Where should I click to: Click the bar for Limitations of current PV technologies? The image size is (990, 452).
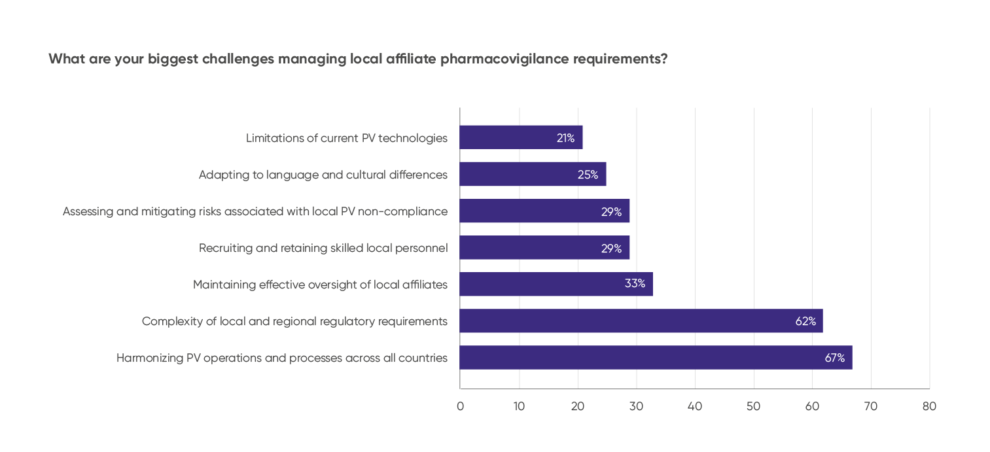tap(521, 137)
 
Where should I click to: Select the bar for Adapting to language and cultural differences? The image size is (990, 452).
tap(533, 174)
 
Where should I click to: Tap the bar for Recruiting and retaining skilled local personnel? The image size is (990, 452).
tap(544, 247)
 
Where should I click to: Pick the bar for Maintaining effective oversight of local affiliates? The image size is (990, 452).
tap(556, 284)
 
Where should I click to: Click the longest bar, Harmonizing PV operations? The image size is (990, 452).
tap(656, 358)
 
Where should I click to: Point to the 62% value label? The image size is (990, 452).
tap(805, 321)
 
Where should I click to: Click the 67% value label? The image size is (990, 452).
tap(834, 358)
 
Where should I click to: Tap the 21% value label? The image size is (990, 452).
tap(565, 138)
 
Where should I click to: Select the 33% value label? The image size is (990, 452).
tap(635, 284)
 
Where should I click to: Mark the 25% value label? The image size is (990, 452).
tap(588, 175)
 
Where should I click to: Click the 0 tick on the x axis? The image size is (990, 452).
tap(460, 406)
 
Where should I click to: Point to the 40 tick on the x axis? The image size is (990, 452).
tap(695, 406)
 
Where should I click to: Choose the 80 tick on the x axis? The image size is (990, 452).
tap(929, 406)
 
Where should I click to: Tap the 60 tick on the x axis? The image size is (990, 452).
tap(812, 406)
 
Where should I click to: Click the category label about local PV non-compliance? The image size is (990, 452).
tap(255, 211)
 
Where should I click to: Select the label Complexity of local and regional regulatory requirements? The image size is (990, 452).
tap(294, 321)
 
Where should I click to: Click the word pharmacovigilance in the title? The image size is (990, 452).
tap(504, 59)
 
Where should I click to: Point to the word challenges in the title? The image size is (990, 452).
tap(238, 59)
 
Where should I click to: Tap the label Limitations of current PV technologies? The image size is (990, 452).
tap(347, 138)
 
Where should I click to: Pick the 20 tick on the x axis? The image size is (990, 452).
tap(577, 406)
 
